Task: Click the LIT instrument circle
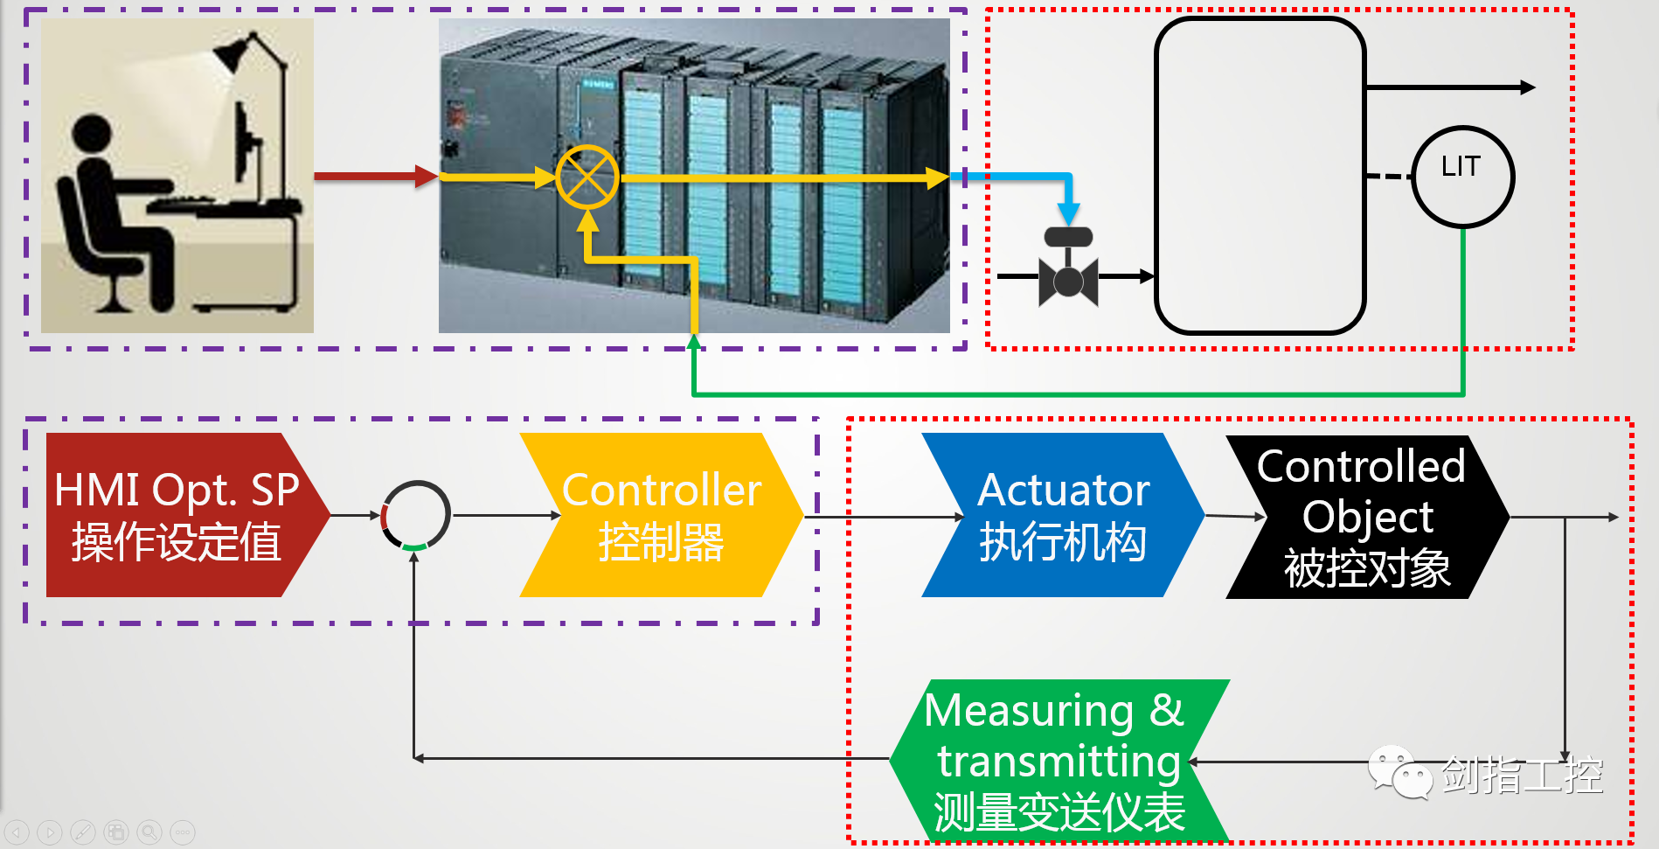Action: (x=1461, y=177)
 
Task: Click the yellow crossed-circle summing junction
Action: (x=587, y=177)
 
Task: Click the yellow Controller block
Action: (x=661, y=515)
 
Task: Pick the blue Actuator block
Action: (x=1062, y=515)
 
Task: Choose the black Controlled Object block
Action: (x=1366, y=517)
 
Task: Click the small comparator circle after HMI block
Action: (x=416, y=515)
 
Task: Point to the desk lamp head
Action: (x=233, y=54)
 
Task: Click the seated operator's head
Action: (x=92, y=136)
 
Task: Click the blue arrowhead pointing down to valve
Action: (x=1068, y=214)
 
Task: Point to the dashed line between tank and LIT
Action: (x=1388, y=177)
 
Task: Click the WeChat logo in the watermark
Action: (x=1399, y=772)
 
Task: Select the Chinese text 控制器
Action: (x=661, y=542)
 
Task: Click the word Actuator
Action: (x=1063, y=490)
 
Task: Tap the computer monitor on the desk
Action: (x=247, y=144)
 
